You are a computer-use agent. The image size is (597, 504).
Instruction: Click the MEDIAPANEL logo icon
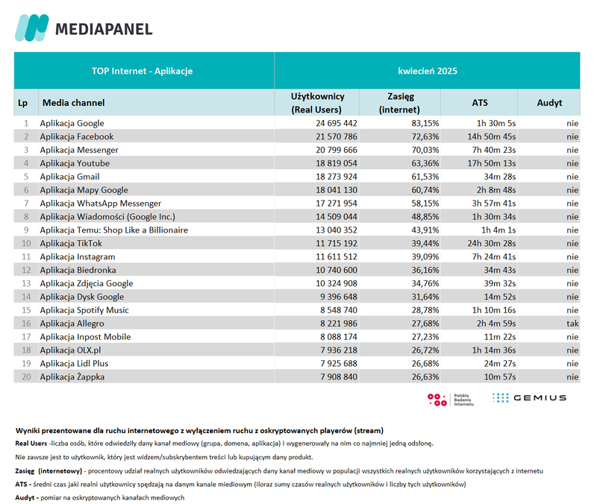point(31,28)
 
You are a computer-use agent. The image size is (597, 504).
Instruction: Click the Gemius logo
point(529,398)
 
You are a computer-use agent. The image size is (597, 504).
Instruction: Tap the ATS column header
point(481,103)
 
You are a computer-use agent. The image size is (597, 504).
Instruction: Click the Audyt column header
point(549,103)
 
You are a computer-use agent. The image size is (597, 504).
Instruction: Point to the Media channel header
point(73,103)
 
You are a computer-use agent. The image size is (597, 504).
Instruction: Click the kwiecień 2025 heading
point(427,71)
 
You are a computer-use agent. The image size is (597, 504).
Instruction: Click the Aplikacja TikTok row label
point(71,243)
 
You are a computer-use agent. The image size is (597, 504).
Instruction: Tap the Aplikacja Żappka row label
point(72,377)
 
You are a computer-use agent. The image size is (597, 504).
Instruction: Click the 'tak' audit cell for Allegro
point(572,324)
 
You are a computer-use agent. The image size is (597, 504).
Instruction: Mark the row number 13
point(25,283)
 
